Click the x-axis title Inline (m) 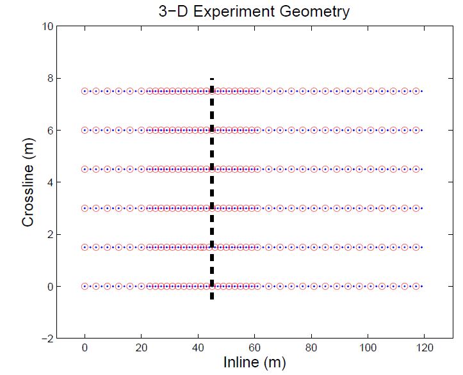click(254, 362)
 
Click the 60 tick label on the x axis click(254, 347)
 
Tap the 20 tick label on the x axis click(141, 347)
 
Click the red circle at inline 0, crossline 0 click(85, 286)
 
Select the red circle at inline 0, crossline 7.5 click(85, 91)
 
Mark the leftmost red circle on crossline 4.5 click(85, 169)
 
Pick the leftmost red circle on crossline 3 click(85, 208)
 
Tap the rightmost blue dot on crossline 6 click(422, 130)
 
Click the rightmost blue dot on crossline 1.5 click(422, 247)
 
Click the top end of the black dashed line click(212, 79)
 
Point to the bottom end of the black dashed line click(212, 298)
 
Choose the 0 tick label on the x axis click(85, 347)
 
